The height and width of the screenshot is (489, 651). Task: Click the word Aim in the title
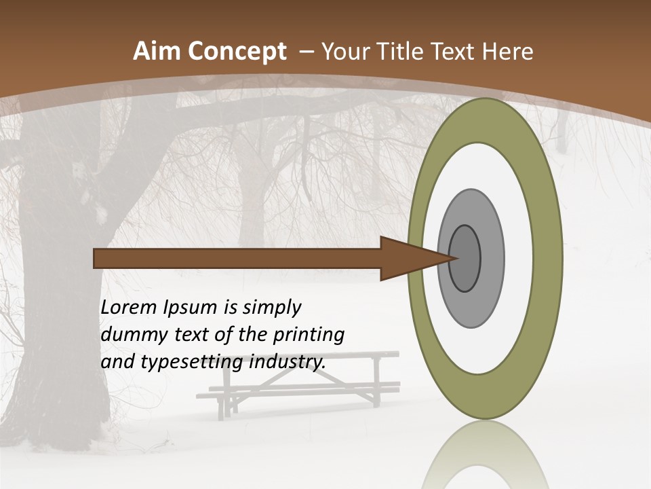(157, 52)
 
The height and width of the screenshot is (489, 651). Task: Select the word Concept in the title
(238, 52)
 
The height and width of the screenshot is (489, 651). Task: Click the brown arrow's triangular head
(407, 259)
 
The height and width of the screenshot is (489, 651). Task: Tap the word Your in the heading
(343, 52)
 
